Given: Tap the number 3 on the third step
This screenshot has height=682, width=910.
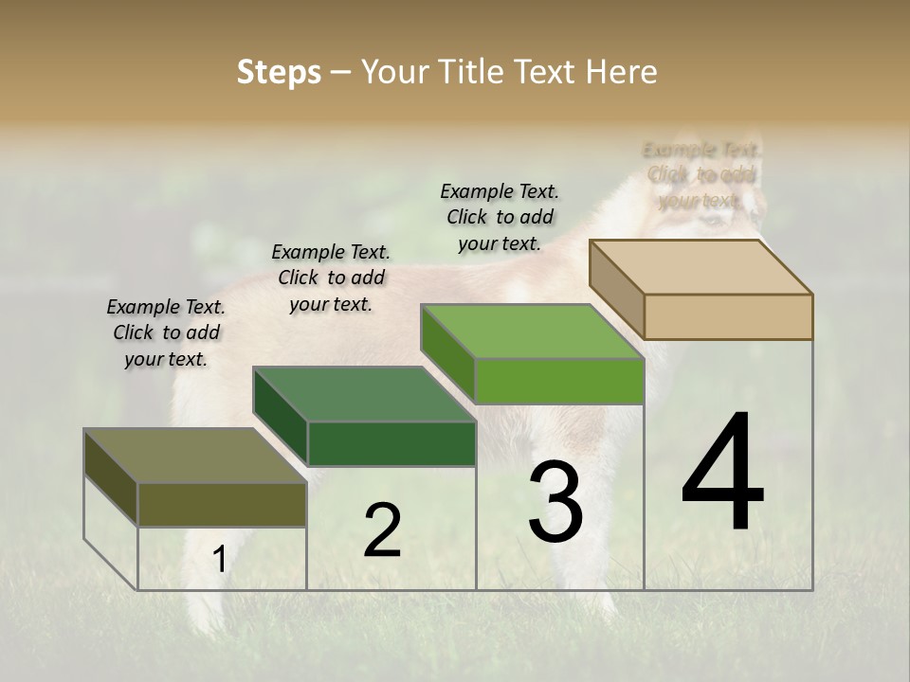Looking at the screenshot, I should pyautogui.click(x=555, y=502).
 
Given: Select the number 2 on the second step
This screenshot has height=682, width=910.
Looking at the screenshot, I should pyautogui.click(x=382, y=530).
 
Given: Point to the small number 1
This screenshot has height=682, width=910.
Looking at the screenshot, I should pyautogui.click(x=219, y=560).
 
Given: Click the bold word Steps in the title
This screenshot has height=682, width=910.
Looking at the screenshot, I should pyautogui.click(x=279, y=72).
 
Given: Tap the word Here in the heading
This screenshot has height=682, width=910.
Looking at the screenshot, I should pyautogui.click(x=622, y=72).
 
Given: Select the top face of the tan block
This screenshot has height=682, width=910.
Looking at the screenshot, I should pyautogui.click(x=701, y=267).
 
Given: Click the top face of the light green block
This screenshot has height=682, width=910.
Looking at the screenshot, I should pyautogui.click(x=532, y=332).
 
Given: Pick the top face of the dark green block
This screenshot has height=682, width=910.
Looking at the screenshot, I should pyautogui.click(x=363, y=394).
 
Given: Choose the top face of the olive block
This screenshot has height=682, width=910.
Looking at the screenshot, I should pyautogui.click(x=194, y=456).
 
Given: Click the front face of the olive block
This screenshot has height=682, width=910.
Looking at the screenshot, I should pyautogui.click(x=222, y=504).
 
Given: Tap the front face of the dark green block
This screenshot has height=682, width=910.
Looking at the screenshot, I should pyautogui.click(x=391, y=443).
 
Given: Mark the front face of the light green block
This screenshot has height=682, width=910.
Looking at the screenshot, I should pyautogui.click(x=559, y=381).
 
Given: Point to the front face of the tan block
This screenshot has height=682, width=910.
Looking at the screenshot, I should pyautogui.click(x=728, y=316).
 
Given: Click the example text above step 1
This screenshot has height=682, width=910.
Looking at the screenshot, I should pyautogui.click(x=166, y=332).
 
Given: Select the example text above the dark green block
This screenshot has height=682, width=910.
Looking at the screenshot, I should pyautogui.click(x=331, y=278).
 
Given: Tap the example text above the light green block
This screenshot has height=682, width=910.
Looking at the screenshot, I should pyautogui.click(x=500, y=217).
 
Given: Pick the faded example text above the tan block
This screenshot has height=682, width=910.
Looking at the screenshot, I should pyautogui.click(x=701, y=174).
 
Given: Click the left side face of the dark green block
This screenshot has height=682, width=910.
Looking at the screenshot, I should pyautogui.click(x=281, y=417).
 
